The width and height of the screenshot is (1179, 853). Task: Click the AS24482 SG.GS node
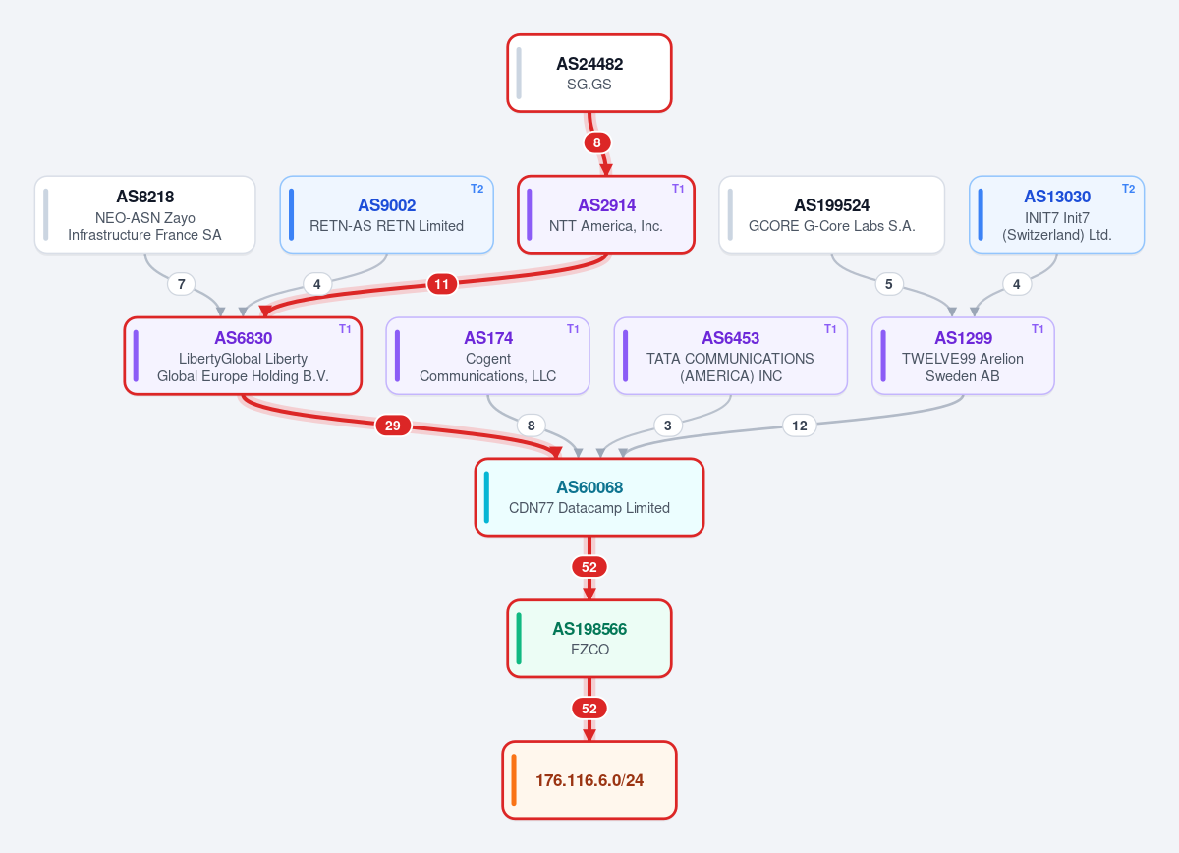(589, 73)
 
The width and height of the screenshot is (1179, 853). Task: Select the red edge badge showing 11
(441, 284)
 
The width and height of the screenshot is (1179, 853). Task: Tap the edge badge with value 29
(393, 426)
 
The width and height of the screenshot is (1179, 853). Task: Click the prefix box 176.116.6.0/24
(589, 780)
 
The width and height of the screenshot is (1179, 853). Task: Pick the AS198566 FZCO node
(589, 638)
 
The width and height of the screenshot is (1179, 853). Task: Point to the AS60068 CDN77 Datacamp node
(589, 497)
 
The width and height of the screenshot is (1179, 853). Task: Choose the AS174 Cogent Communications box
(487, 356)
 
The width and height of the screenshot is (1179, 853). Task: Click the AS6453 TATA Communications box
(731, 356)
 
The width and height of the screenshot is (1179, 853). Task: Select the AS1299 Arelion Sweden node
(963, 356)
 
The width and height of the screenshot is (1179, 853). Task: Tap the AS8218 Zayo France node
(144, 215)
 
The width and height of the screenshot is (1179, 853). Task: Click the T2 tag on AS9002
(477, 189)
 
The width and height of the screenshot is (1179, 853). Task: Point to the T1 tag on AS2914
(678, 189)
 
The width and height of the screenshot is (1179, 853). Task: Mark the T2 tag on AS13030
(1128, 189)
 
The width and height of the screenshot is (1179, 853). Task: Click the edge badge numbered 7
(181, 284)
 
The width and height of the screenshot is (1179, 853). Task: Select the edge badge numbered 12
(800, 426)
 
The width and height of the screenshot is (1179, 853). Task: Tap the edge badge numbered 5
(889, 284)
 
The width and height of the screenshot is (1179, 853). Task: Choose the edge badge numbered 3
(668, 426)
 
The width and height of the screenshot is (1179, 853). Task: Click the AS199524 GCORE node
(831, 215)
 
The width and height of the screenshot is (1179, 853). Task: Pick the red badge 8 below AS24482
(597, 142)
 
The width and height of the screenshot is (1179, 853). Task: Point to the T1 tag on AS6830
(345, 329)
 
